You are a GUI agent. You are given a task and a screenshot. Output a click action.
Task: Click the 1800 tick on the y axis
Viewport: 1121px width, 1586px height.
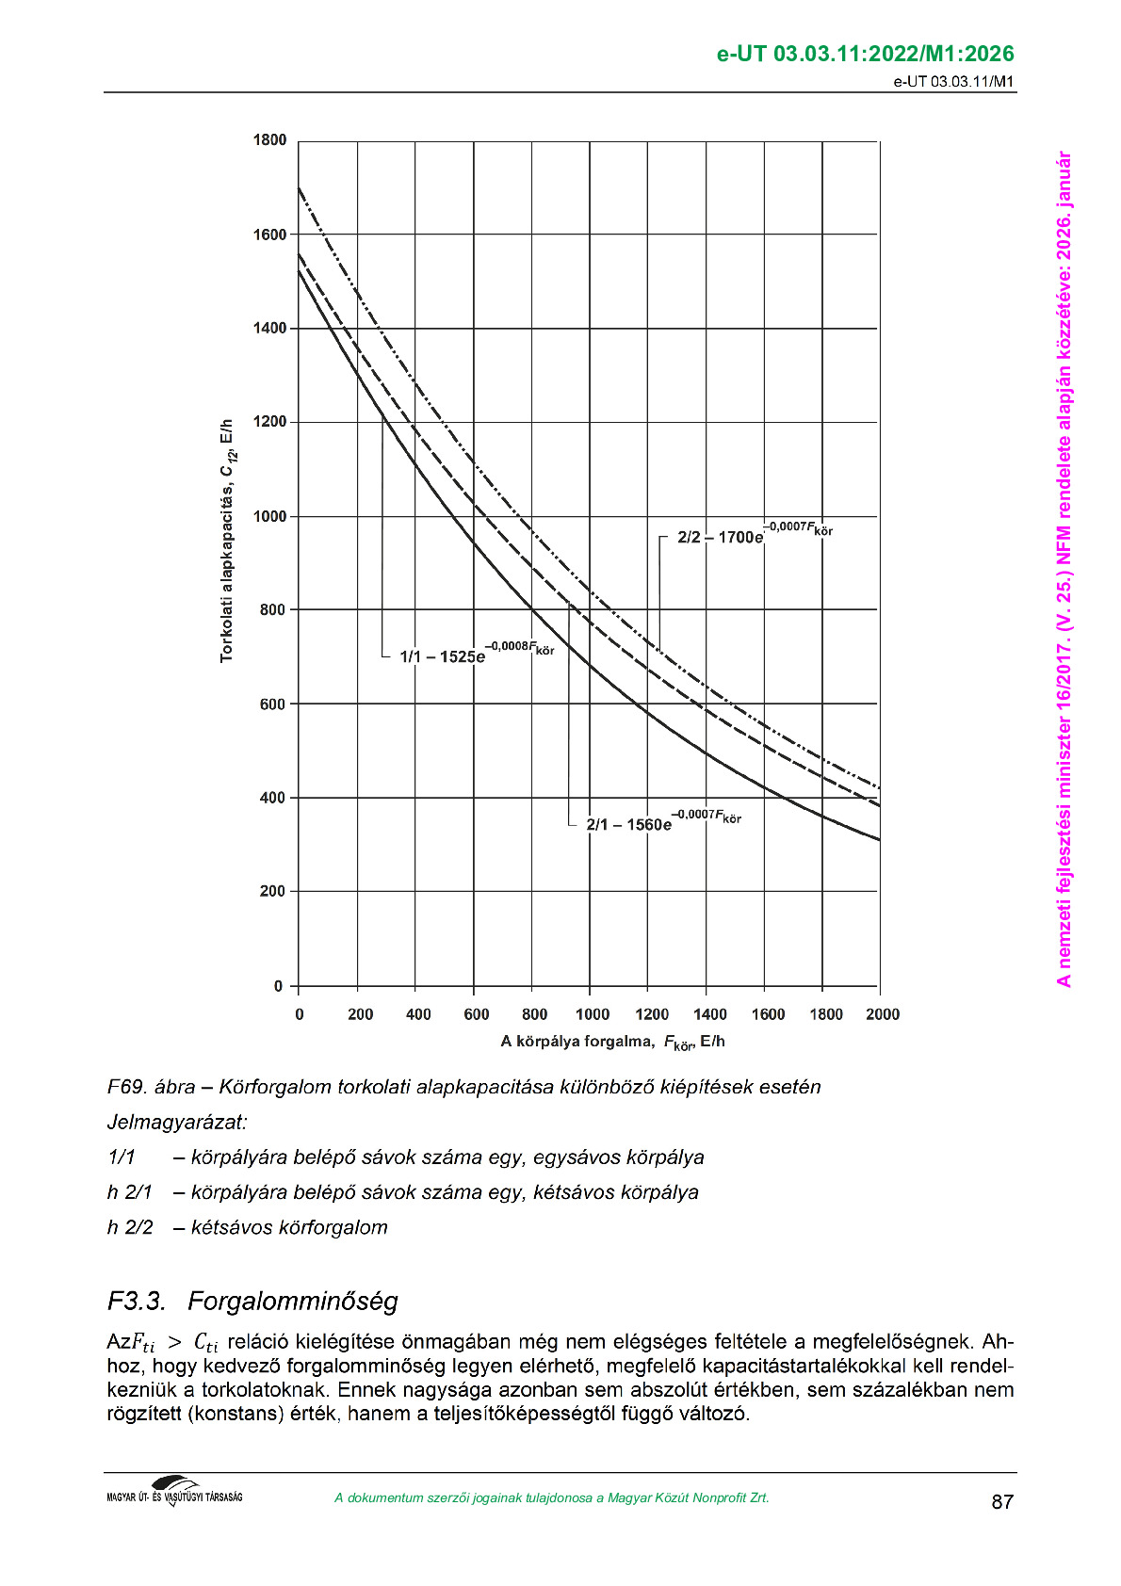click(269, 140)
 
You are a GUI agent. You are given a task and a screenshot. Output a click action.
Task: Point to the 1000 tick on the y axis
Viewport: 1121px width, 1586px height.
click(269, 516)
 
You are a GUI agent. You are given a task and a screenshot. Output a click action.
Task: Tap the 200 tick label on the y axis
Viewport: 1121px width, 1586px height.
click(272, 891)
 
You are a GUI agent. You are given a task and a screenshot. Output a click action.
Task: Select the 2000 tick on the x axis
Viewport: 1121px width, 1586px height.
click(883, 1014)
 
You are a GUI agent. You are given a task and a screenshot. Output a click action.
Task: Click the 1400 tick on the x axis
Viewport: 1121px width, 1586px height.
click(709, 1014)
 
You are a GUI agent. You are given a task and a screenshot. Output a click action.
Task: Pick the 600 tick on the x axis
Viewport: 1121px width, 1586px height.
click(477, 1014)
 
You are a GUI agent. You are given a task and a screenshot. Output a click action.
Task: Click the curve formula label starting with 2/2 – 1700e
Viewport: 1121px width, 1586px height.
click(755, 534)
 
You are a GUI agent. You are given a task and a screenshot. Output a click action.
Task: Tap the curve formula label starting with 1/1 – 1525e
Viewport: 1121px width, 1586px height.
click(477, 654)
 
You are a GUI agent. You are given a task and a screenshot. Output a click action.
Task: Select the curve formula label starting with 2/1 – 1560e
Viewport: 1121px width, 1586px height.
click(663, 821)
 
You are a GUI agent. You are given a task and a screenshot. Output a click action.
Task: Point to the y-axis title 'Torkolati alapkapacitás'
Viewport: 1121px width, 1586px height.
click(227, 541)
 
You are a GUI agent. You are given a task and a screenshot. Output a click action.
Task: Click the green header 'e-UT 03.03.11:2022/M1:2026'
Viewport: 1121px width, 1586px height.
click(865, 54)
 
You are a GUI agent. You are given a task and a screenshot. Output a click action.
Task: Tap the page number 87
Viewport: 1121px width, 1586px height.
click(1002, 1501)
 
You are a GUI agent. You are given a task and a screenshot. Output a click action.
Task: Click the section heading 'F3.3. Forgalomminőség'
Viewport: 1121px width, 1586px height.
click(252, 1301)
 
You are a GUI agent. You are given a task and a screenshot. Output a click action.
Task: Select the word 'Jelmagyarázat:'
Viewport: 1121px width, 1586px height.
click(177, 1122)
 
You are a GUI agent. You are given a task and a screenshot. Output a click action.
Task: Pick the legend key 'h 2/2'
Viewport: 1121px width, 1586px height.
click(130, 1227)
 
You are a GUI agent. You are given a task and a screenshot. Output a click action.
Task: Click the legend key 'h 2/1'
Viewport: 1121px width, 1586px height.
click(130, 1192)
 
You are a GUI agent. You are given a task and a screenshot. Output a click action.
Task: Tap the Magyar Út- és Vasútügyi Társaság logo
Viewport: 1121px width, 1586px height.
click(174, 1492)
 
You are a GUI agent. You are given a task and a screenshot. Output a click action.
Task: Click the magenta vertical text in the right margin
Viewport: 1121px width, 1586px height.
click(1064, 569)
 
